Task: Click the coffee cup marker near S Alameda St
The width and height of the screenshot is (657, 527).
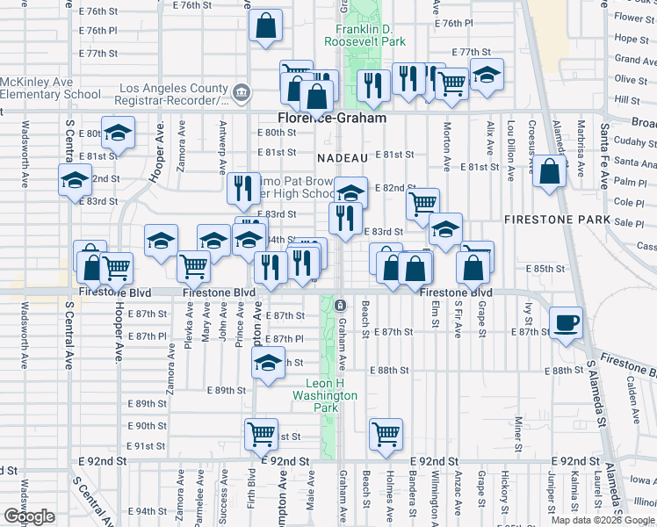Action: [x=567, y=321]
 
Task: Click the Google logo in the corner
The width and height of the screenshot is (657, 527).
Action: [x=28, y=516]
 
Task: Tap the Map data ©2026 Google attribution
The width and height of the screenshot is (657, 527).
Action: [x=603, y=520]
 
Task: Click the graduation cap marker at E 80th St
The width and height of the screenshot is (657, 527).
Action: [x=117, y=134]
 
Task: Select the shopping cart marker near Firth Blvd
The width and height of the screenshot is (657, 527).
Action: [x=261, y=432]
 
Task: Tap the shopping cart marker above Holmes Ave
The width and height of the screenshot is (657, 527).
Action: [x=386, y=433]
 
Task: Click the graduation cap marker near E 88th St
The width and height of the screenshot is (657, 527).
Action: [x=267, y=362]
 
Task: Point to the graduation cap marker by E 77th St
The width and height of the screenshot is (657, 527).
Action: [x=486, y=76]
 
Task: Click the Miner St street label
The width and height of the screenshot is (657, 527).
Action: [x=518, y=431]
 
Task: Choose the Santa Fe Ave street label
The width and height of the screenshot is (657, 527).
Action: [x=604, y=156]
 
